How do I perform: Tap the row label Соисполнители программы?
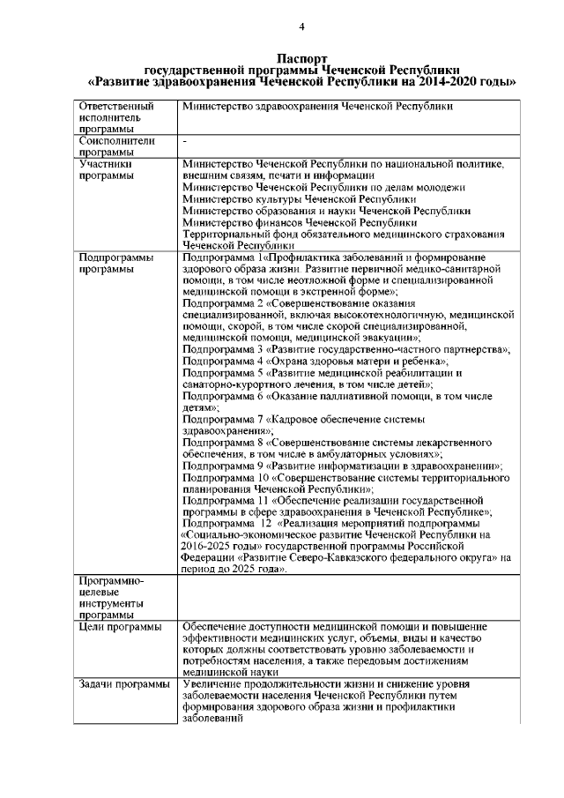116,145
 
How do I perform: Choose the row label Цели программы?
120,627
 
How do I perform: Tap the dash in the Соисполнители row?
184,140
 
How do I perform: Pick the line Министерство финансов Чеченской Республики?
298,223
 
